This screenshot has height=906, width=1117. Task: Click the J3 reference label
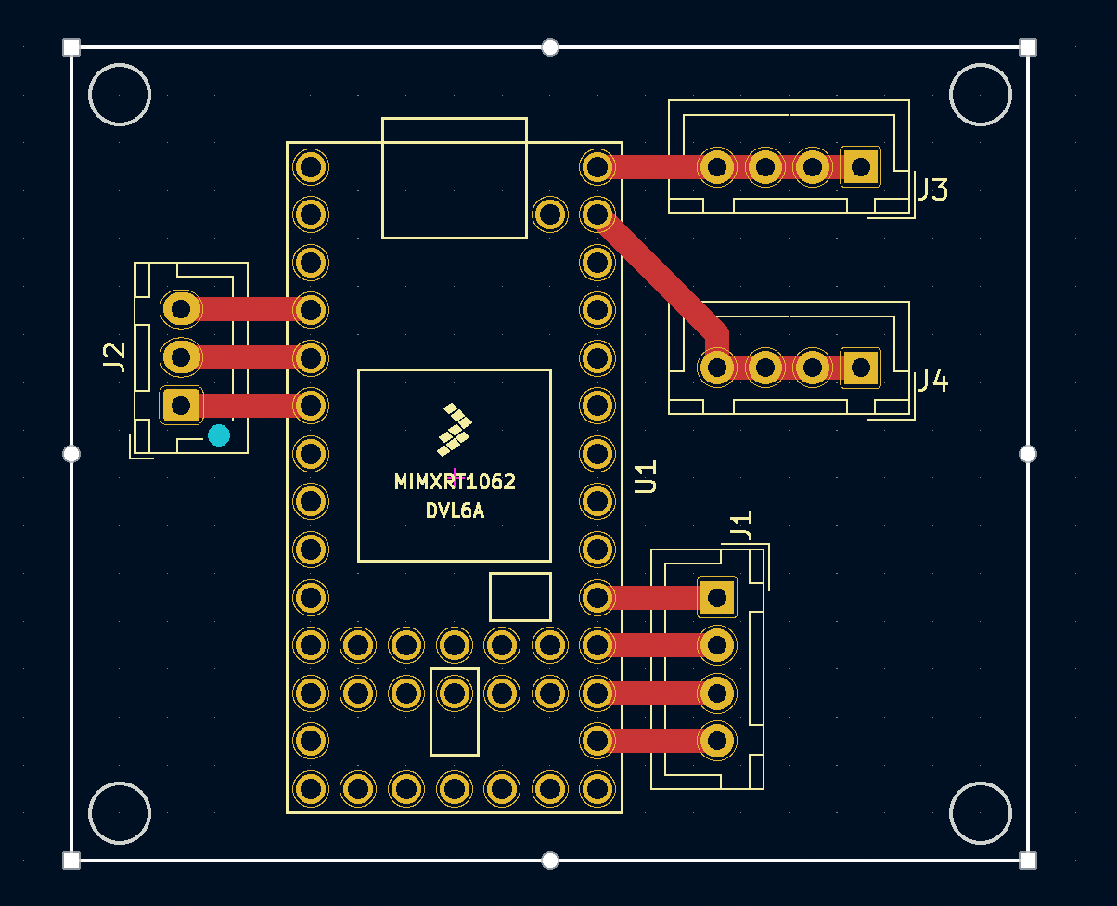[934, 189]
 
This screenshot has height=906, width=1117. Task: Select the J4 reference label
[934, 381]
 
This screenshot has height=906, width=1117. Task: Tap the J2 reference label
[114, 356]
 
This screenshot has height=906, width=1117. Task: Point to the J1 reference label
[741, 525]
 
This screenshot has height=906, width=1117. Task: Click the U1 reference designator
[646, 477]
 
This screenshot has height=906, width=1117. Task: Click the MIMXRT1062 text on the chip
[455, 482]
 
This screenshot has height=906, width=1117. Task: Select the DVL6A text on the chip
[455, 511]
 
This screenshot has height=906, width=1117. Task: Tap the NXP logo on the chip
[455, 429]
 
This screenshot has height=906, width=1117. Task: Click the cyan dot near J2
[219, 435]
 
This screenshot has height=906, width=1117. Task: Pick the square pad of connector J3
[861, 167]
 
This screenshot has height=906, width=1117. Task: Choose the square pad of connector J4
[861, 368]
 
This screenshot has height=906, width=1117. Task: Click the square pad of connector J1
[717, 597]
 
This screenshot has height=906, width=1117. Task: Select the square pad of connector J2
[181, 406]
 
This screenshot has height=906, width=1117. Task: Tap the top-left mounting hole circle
[120, 95]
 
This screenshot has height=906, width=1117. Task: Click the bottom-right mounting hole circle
[981, 813]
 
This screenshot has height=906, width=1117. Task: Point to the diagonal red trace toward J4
[662, 279]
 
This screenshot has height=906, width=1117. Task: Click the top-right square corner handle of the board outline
[1028, 47]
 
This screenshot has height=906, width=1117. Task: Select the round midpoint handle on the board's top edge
[549, 47]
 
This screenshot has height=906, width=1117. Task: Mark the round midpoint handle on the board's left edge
[71, 454]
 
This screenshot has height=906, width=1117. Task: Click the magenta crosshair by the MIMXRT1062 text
[455, 478]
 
